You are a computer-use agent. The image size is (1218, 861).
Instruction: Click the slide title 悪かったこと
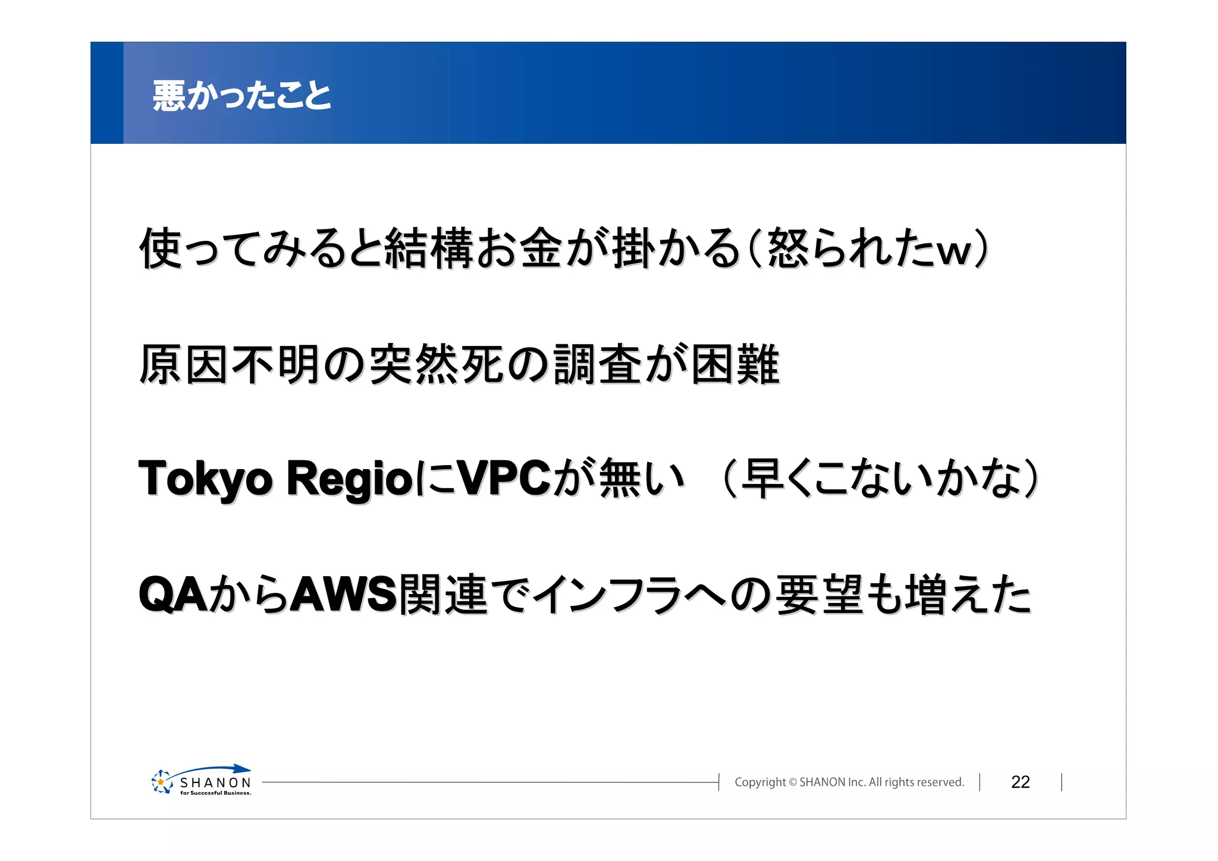pos(241,95)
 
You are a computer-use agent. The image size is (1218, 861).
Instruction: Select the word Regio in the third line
pos(350,479)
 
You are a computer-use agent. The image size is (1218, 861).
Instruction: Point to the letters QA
pos(173,594)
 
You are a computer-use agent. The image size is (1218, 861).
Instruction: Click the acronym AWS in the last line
pos(344,594)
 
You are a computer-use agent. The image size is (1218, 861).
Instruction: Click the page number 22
pos(1020,782)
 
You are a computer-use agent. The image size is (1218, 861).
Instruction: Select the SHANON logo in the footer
pos(202,781)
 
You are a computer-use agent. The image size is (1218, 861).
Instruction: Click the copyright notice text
pos(849,782)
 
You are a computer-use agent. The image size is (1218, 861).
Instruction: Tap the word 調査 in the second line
pos(597,364)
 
